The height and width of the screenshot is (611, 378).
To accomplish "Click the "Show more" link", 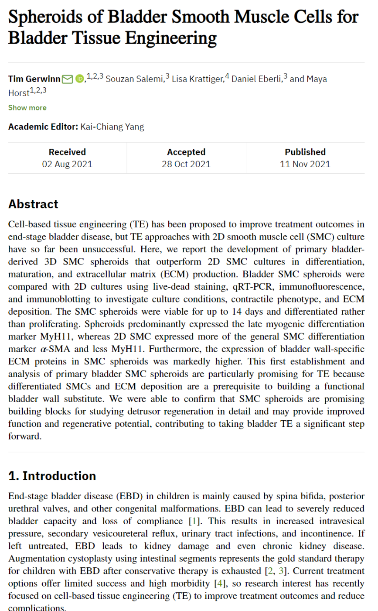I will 27,107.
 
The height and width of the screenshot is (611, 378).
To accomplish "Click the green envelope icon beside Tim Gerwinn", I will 67,79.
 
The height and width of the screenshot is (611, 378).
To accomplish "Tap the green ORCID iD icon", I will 79,79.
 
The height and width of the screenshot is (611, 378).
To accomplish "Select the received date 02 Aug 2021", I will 67,164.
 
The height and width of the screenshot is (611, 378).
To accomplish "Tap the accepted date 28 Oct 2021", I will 186,164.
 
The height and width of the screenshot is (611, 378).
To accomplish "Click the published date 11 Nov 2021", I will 305,164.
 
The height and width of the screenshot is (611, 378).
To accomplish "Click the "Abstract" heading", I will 33,204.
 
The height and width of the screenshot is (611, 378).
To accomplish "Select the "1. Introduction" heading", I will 52,475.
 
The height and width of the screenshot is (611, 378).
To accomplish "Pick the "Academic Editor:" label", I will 43,127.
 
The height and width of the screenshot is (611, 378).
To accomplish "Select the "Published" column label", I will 305,152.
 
